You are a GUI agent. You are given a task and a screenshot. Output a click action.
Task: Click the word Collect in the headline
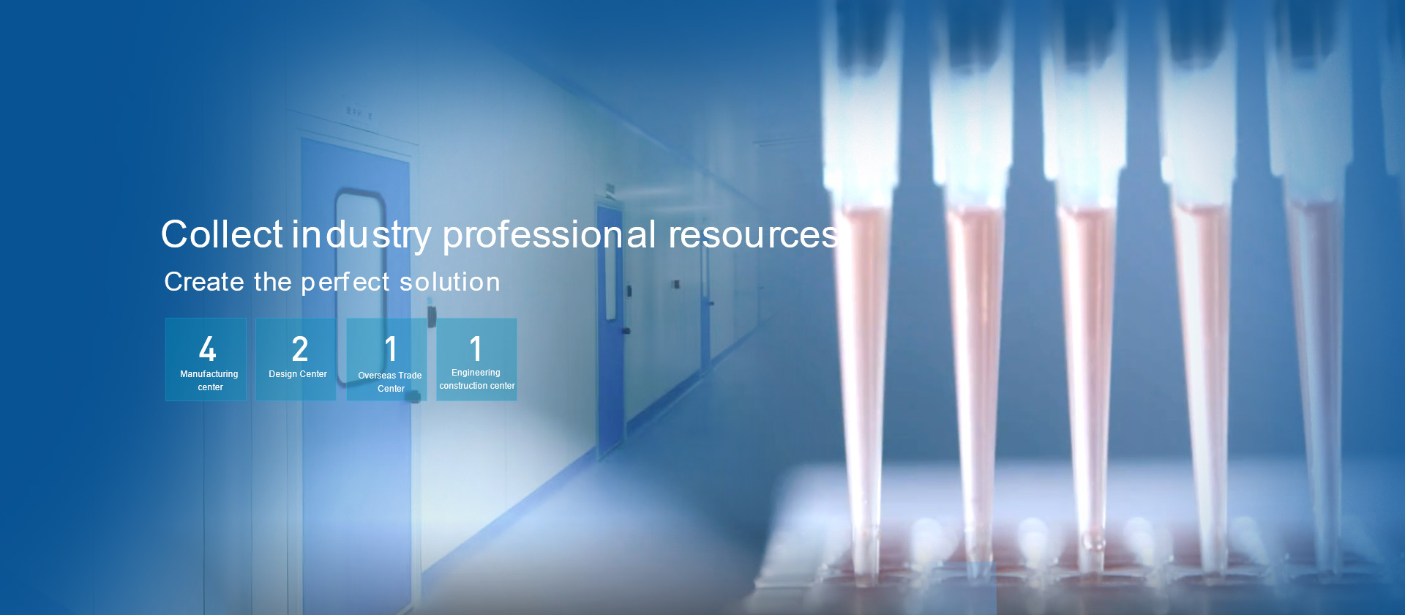point(222,234)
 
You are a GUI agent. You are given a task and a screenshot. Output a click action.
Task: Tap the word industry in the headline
point(362,236)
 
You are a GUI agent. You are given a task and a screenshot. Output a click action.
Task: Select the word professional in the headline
point(549,236)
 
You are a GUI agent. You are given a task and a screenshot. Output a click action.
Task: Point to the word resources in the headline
point(754,236)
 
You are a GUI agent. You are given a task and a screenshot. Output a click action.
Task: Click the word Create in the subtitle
point(204,282)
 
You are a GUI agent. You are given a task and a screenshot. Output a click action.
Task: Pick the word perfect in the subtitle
point(345,283)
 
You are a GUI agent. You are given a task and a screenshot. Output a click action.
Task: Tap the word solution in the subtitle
point(449,282)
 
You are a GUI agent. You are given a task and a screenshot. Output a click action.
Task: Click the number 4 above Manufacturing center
point(208,348)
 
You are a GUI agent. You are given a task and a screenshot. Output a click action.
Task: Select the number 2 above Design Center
point(299,348)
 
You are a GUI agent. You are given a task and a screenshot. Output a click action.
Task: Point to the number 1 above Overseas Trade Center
point(391,348)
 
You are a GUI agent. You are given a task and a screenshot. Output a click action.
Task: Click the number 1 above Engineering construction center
point(476,348)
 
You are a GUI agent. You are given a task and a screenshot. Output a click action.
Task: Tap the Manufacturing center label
point(209,381)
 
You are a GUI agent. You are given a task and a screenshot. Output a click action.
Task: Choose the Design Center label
point(298,374)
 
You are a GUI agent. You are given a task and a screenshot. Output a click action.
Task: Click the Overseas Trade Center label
point(390,382)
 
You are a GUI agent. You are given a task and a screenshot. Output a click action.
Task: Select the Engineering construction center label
point(477,379)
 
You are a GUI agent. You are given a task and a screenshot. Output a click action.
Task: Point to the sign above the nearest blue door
point(359,113)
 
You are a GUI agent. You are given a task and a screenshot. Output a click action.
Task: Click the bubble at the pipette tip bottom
point(1093,543)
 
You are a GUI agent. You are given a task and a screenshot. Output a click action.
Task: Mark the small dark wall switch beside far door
point(675,284)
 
